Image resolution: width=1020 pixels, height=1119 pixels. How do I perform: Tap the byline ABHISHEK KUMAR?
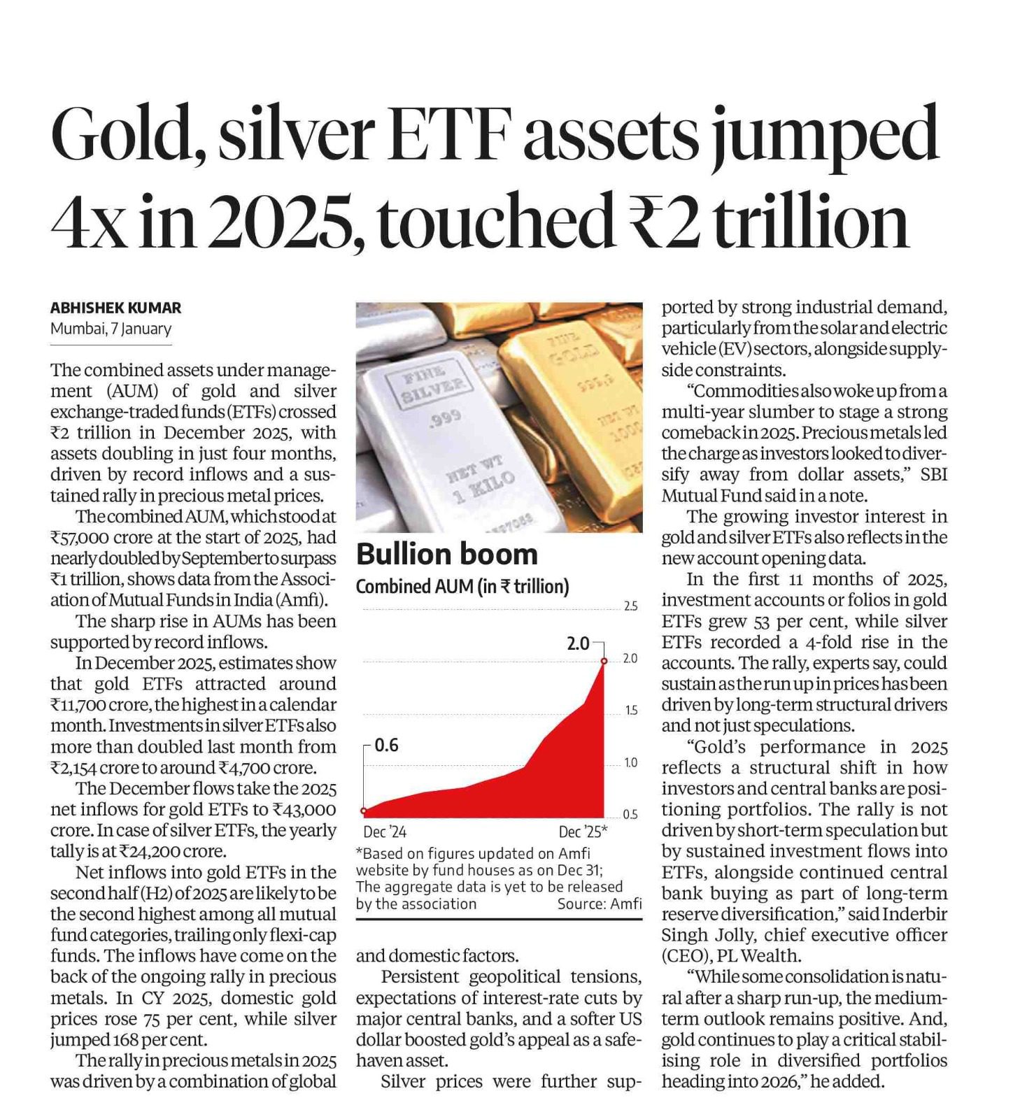[115, 308]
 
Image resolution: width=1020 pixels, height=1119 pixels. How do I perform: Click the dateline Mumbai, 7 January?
[111, 329]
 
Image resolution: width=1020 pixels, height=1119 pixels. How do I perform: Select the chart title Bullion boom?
[446, 555]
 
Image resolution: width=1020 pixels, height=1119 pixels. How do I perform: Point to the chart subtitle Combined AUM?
[462, 586]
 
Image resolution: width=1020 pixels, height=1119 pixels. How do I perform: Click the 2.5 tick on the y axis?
[630, 606]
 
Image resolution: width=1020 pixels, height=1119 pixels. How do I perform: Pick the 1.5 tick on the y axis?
[630, 711]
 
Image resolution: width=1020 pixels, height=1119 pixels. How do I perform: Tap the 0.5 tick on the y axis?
[630, 815]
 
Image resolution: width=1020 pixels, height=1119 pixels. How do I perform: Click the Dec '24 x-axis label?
[384, 832]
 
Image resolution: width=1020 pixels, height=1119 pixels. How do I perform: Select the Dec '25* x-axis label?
[583, 832]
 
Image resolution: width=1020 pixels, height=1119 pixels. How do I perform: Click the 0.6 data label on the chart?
[386, 746]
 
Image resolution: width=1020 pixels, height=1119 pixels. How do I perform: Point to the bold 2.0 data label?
[578, 643]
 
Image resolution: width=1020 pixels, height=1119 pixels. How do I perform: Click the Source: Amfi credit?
[599, 904]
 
